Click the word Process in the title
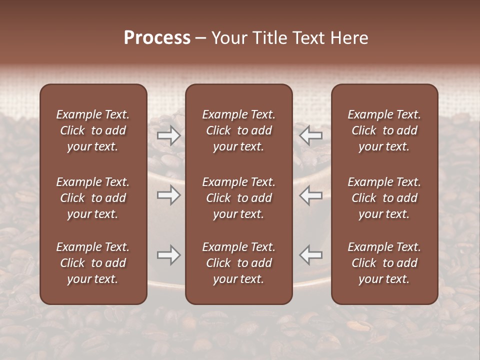click(157, 38)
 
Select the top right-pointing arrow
click(169, 135)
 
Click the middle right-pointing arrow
click(169, 195)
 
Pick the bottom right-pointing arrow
click(169, 255)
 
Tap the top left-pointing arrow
click(311, 135)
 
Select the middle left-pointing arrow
click(311, 195)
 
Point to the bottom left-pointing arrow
click(311, 255)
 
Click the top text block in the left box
click(93, 130)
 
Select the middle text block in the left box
click(93, 198)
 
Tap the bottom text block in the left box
click(93, 263)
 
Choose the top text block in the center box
click(239, 130)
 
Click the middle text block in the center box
click(239, 198)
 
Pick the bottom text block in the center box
click(239, 263)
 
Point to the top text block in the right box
click(384, 130)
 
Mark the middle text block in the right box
click(384, 198)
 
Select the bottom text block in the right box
click(384, 263)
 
